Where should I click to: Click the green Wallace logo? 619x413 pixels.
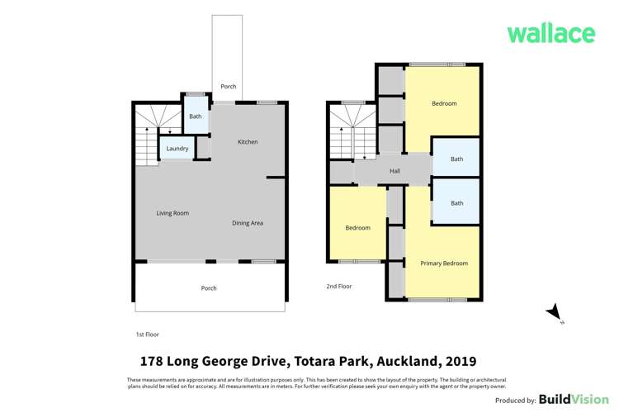[550, 33]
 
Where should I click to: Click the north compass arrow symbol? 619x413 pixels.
[555, 313]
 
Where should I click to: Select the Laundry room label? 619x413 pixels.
[177, 149]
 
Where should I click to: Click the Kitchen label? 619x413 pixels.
[248, 142]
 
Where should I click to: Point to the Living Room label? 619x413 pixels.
[172, 213]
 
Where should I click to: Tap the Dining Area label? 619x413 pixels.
[247, 223]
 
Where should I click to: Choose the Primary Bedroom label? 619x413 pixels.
[444, 263]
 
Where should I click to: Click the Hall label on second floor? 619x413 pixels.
[395, 171]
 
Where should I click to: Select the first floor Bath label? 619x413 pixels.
[195, 116]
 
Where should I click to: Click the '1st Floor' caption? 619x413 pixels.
[147, 335]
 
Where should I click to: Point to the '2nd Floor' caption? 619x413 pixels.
[338, 287]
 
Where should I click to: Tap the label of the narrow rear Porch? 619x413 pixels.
[228, 87]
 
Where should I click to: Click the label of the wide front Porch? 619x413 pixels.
[209, 288]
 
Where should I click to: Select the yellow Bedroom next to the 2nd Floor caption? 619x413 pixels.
[357, 228]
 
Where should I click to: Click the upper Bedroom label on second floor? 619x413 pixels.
[444, 103]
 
